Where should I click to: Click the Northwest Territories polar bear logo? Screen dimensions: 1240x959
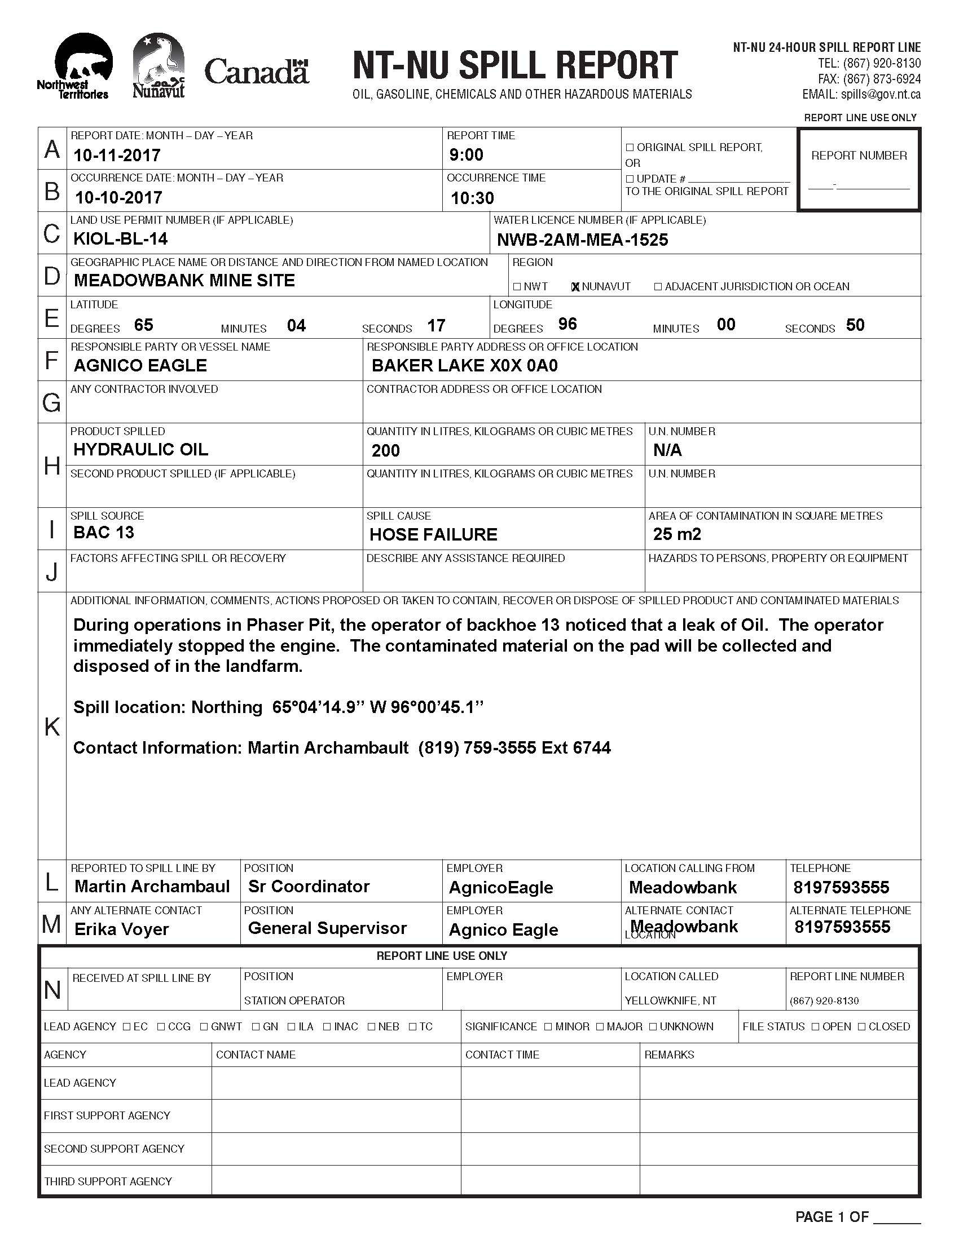tap(80, 65)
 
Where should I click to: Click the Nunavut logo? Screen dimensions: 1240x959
tap(159, 66)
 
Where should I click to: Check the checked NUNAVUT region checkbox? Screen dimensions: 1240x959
tap(575, 287)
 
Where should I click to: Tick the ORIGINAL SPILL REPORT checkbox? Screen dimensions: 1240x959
tap(630, 148)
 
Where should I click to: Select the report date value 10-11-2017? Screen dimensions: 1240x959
tap(117, 155)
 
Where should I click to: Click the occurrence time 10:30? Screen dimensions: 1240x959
tap(472, 198)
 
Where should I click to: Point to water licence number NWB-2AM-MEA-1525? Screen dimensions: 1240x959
tap(582, 240)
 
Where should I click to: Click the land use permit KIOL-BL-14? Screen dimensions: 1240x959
tap(121, 239)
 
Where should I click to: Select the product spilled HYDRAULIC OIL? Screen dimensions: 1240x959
tap(140, 450)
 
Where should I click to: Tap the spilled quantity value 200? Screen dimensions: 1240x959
tap(385, 451)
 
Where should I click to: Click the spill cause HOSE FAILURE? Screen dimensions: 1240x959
tap(433, 534)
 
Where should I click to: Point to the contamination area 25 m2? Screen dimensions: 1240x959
tap(676, 534)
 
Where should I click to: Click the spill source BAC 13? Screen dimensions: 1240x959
tap(103, 533)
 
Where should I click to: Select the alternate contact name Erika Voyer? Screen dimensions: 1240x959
tap(122, 929)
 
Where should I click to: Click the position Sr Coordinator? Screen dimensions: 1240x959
tap(309, 887)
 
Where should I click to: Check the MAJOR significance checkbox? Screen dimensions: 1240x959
tap(600, 1027)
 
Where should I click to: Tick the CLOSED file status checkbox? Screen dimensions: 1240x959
tap(862, 1027)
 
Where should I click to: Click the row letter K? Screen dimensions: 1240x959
tap(52, 727)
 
